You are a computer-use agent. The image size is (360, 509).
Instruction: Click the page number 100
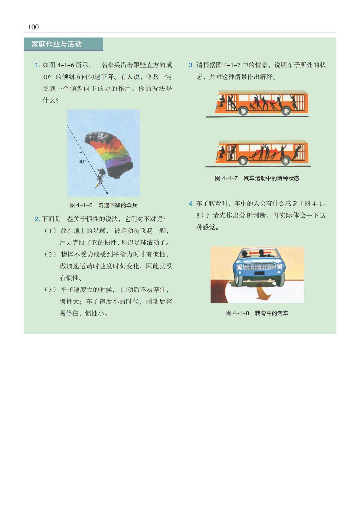(33, 27)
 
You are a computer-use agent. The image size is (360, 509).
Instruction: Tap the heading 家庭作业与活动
(57, 44)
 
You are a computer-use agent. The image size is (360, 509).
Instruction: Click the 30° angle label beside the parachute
(82, 162)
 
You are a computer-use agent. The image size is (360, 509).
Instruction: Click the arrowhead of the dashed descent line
(107, 193)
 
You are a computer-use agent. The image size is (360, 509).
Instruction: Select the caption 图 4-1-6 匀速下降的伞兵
(103, 205)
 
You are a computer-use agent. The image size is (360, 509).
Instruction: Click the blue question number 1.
(37, 65)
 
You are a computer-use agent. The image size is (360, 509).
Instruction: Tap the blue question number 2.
(37, 219)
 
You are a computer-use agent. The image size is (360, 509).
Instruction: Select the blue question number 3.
(191, 65)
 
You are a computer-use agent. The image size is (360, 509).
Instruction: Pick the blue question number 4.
(191, 204)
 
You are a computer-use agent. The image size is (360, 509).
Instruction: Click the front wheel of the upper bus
(243, 111)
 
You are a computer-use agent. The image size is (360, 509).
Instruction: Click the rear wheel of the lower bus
(286, 161)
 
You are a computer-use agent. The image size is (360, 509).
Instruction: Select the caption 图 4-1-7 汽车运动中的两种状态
(257, 178)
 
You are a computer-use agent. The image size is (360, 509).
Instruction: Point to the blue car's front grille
(259, 266)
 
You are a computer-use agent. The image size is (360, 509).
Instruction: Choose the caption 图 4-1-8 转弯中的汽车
(257, 313)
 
